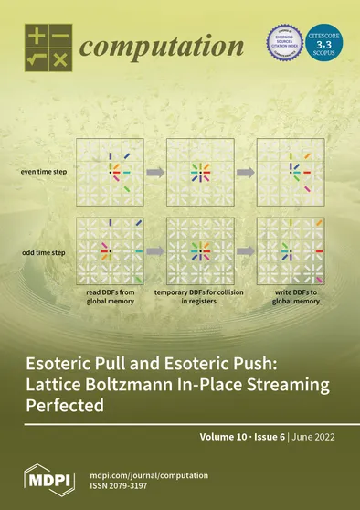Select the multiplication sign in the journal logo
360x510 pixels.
[59, 59]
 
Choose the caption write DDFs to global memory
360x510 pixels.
[284, 297]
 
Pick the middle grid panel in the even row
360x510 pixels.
[195, 171]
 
